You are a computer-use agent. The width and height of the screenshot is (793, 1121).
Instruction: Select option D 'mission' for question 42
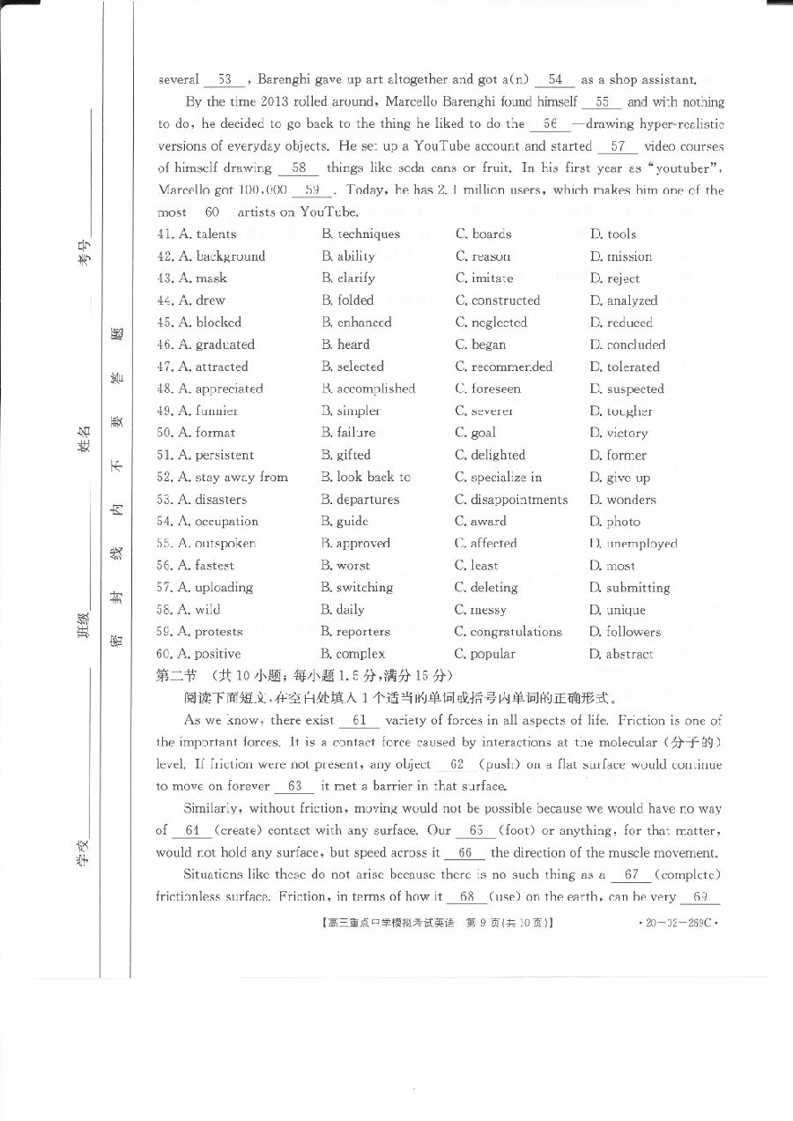[x=629, y=256]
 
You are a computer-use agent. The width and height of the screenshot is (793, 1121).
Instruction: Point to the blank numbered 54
[x=554, y=80]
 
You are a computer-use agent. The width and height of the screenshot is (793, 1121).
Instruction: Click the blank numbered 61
[x=359, y=721]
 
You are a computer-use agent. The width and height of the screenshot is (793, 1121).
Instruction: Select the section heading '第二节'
[x=175, y=676]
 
